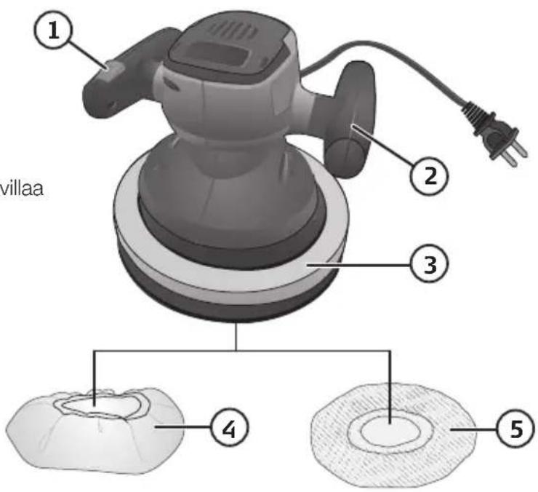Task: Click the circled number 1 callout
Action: click(x=53, y=31)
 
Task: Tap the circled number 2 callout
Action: click(x=429, y=175)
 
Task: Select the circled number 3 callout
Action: click(x=429, y=264)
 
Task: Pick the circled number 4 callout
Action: click(x=229, y=428)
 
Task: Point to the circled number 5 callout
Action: click(x=515, y=428)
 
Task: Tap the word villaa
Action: click(x=21, y=189)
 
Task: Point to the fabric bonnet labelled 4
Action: click(x=95, y=431)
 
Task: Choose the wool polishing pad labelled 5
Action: click(x=393, y=435)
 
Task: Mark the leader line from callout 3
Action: click(x=358, y=265)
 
